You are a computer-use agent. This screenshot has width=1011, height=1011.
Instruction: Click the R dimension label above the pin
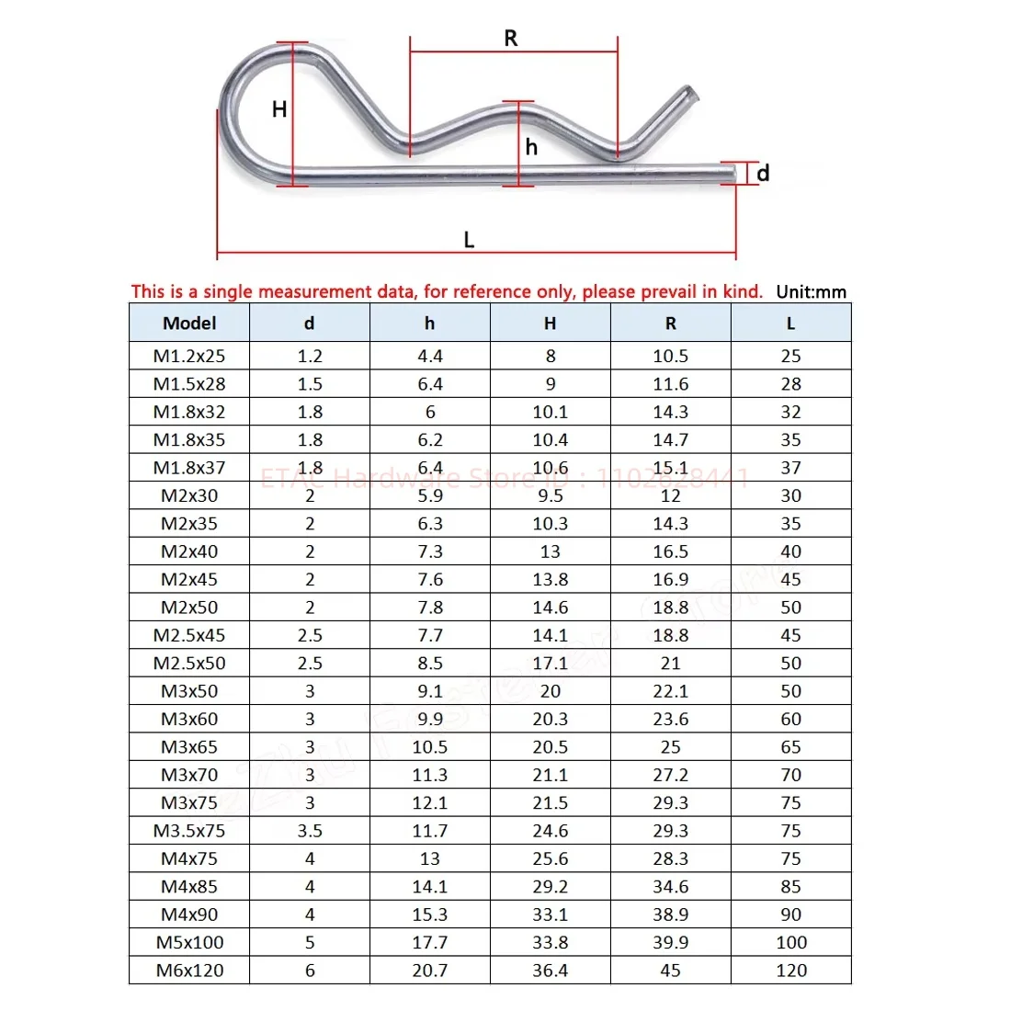pyautogui.click(x=511, y=38)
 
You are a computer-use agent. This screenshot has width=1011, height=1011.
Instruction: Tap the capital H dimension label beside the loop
pyautogui.click(x=279, y=109)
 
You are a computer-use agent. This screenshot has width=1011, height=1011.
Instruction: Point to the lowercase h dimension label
pyautogui.click(x=531, y=147)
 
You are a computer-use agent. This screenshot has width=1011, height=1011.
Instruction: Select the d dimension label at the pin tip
pyautogui.click(x=763, y=173)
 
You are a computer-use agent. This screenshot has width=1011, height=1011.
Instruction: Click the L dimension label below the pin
pyautogui.click(x=469, y=240)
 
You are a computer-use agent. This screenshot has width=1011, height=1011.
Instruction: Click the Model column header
pyautogui.click(x=189, y=323)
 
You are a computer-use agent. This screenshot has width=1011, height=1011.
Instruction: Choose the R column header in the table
pyautogui.click(x=670, y=323)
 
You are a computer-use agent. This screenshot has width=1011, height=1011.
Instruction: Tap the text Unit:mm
pyautogui.click(x=811, y=292)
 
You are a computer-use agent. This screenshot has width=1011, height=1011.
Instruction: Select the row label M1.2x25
pyautogui.click(x=189, y=356)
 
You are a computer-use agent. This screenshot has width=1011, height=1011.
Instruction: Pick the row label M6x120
pyautogui.click(x=189, y=970)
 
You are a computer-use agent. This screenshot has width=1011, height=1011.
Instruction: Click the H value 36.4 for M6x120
pyautogui.click(x=550, y=970)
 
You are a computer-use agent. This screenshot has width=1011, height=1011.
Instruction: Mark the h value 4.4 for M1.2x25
pyautogui.click(x=429, y=356)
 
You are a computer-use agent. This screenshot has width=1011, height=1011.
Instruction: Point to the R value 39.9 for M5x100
pyautogui.click(x=670, y=942)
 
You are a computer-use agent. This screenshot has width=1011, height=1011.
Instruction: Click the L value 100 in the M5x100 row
pyautogui.click(x=790, y=942)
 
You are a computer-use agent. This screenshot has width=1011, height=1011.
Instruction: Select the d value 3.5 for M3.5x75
pyautogui.click(x=310, y=830)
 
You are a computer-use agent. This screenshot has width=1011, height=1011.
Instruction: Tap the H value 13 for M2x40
pyautogui.click(x=550, y=551)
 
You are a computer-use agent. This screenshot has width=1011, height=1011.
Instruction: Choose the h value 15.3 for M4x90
pyautogui.click(x=429, y=914)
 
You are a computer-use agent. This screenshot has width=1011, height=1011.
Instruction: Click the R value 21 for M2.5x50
pyautogui.click(x=670, y=663)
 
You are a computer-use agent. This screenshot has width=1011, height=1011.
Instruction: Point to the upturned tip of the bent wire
pyautogui.click(x=687, y=95)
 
